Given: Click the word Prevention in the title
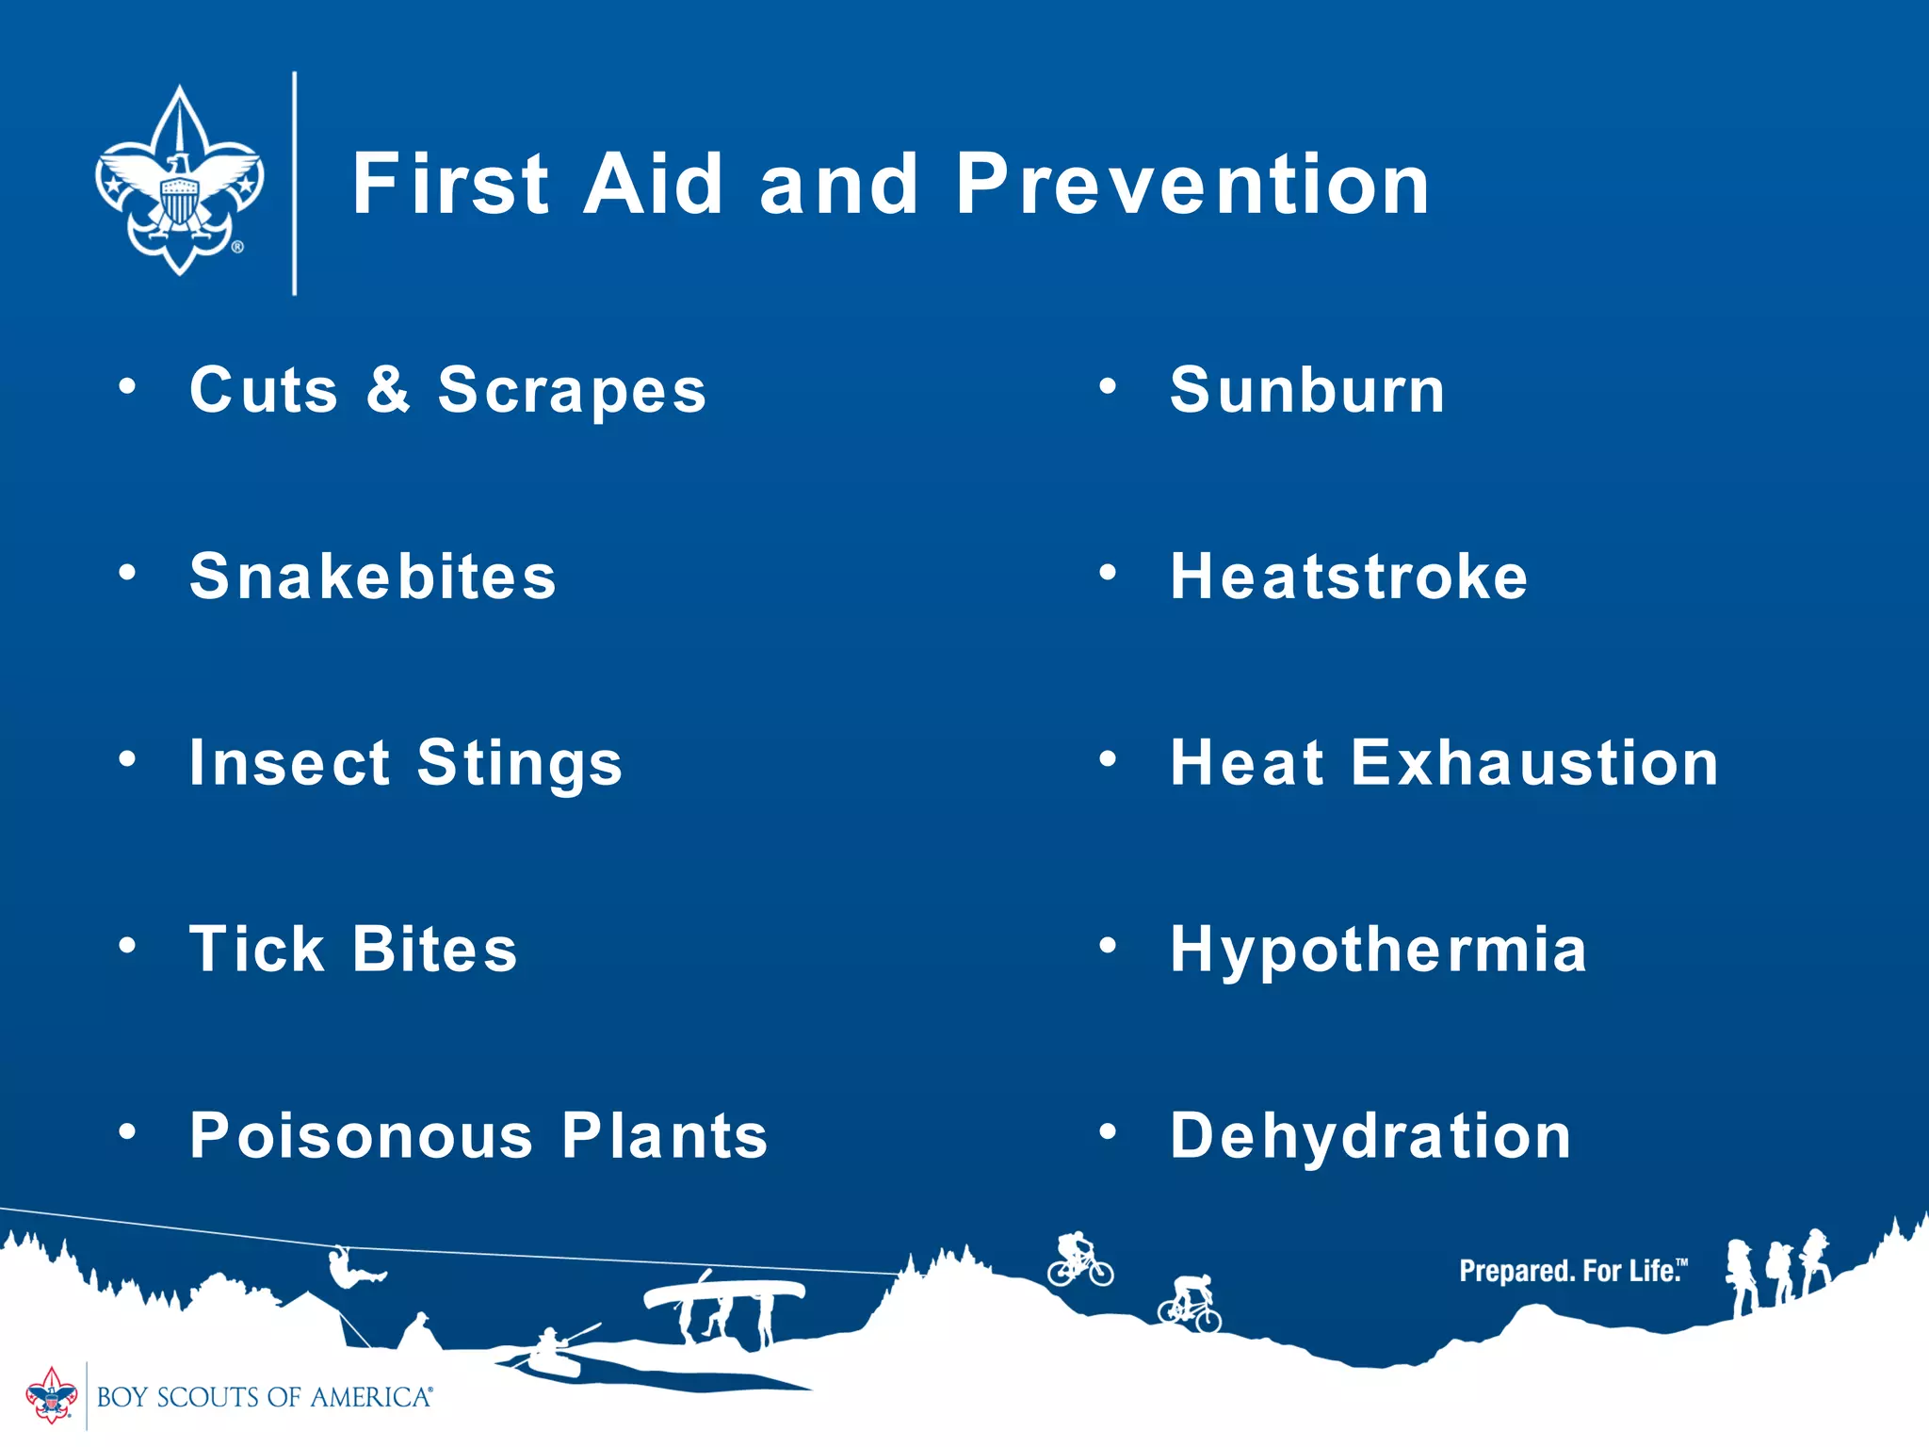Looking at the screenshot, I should point(1191,185).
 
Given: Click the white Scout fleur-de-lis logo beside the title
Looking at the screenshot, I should point(179,181).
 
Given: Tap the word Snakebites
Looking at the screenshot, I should point(373,577).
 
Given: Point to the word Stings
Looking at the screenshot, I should point(520,763).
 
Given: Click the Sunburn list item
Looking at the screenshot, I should point(1306,390).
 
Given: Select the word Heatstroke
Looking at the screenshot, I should point(1348,577).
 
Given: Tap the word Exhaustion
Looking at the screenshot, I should point(1534,762).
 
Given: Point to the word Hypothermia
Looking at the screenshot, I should point(1378,950).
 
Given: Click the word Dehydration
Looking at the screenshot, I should point(1370,1135).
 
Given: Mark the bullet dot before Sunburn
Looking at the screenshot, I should point(1108,386).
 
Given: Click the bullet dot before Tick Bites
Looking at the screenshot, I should point(127,945).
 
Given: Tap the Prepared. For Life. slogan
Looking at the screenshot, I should point(1572,1271).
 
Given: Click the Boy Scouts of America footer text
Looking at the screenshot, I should point(264,1397).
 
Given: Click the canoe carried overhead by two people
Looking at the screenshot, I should point(723,1292).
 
